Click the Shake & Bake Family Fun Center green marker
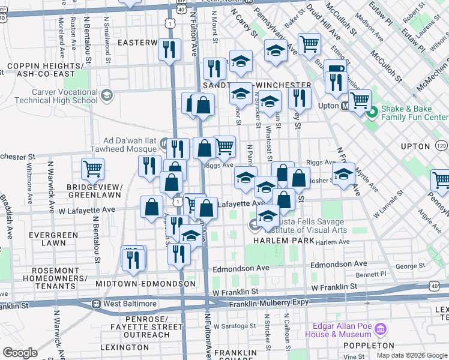click(372, 111)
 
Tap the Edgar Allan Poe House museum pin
click(379, 329)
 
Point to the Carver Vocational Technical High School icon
click(107, 95)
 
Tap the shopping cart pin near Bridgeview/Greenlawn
click(92, 169)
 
